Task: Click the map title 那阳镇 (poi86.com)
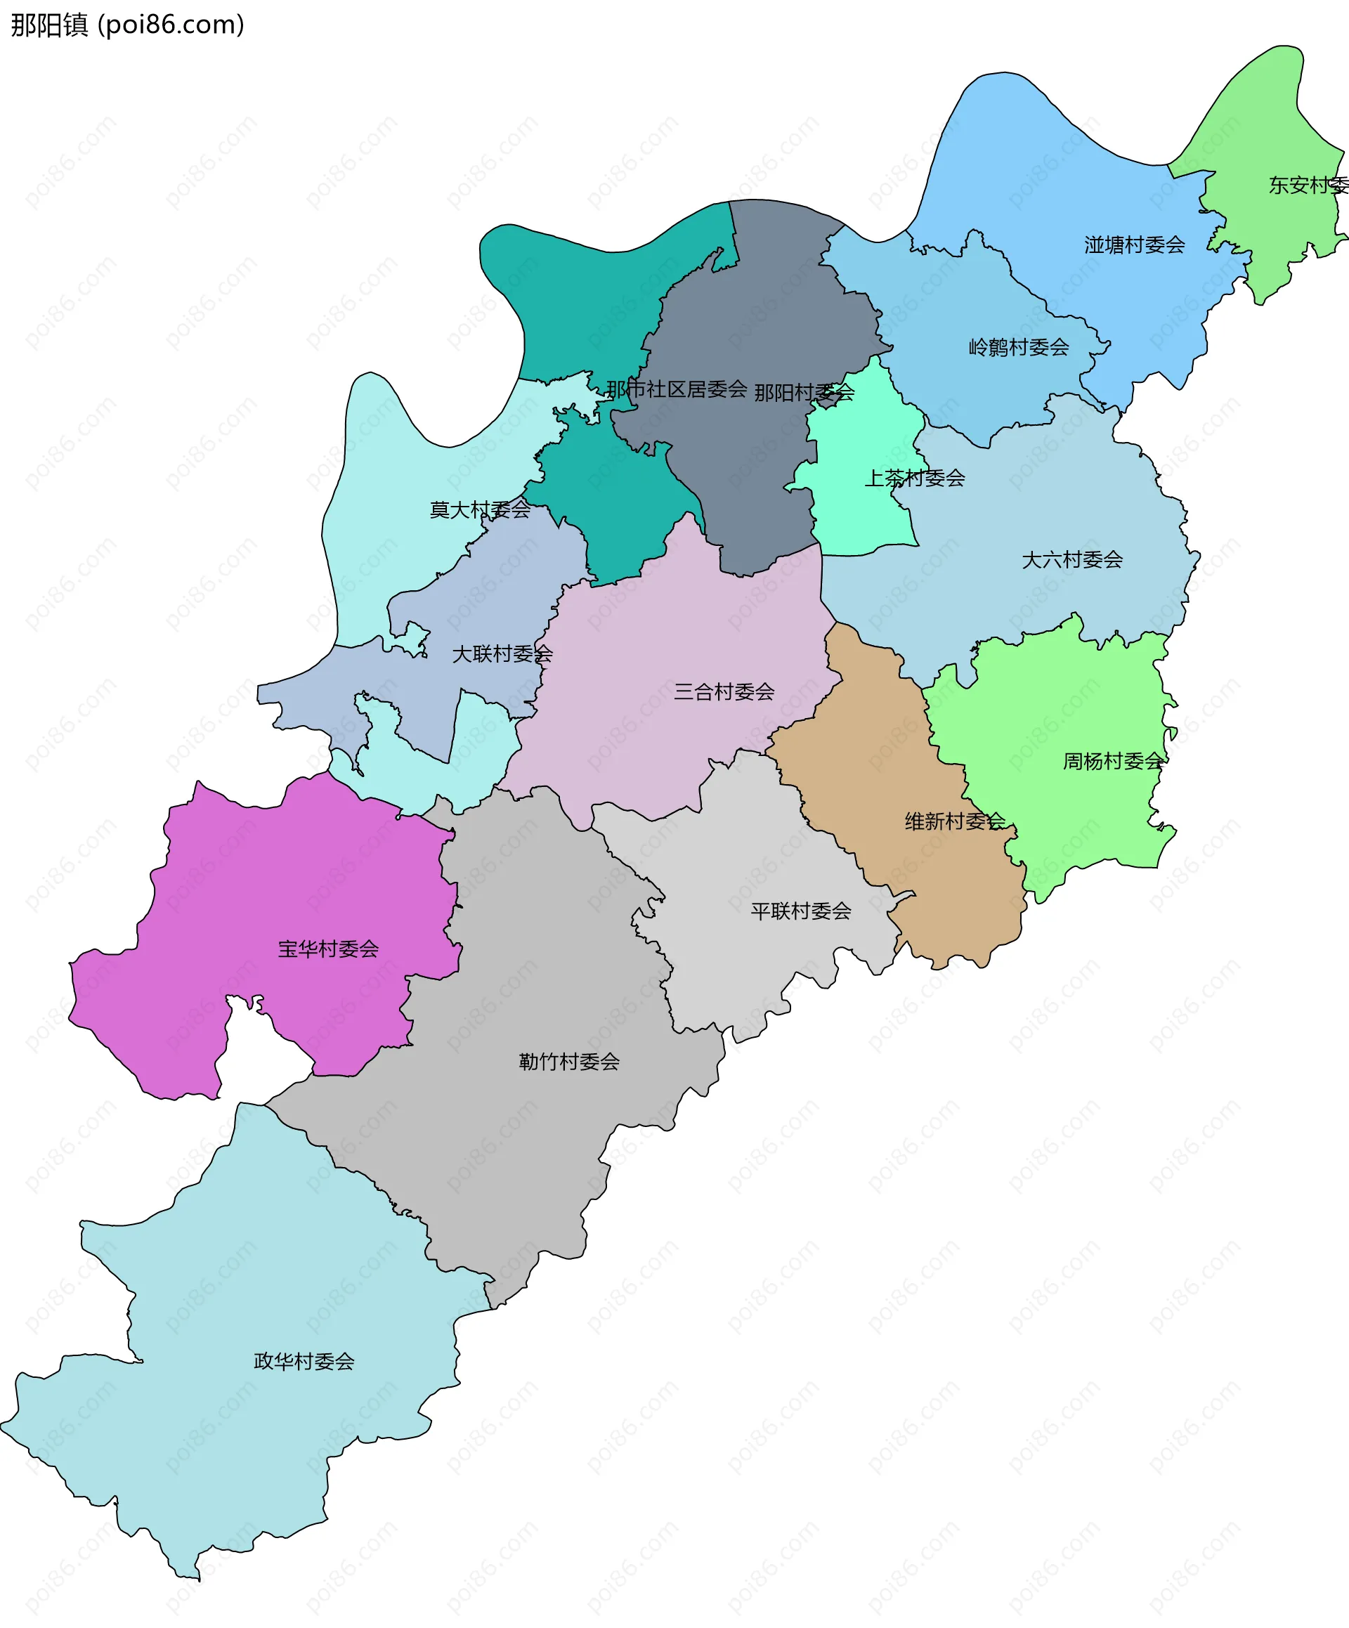click(x=128, y=25)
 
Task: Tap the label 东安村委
click(x=1308, y=185)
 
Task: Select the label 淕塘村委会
click(x=1134, y=245)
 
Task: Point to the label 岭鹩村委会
click(x=1018, y=347)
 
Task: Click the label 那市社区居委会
click(x=676, y=389)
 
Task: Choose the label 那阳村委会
click(x=804, y=392)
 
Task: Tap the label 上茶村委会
click(x=914, y=478)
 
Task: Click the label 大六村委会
click(x=1071, y=560)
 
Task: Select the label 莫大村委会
click(x=480, y=509)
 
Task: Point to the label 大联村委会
click(x=502, y=653)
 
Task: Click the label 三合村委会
click(x=724, y=691)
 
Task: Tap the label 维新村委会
click(x=954, y=821)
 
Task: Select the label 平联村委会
click(x=800, y=911)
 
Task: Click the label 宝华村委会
click(x=328, y=949)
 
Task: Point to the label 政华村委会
click(x=304, y=1361)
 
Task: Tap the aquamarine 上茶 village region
click(x=861, y=512)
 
